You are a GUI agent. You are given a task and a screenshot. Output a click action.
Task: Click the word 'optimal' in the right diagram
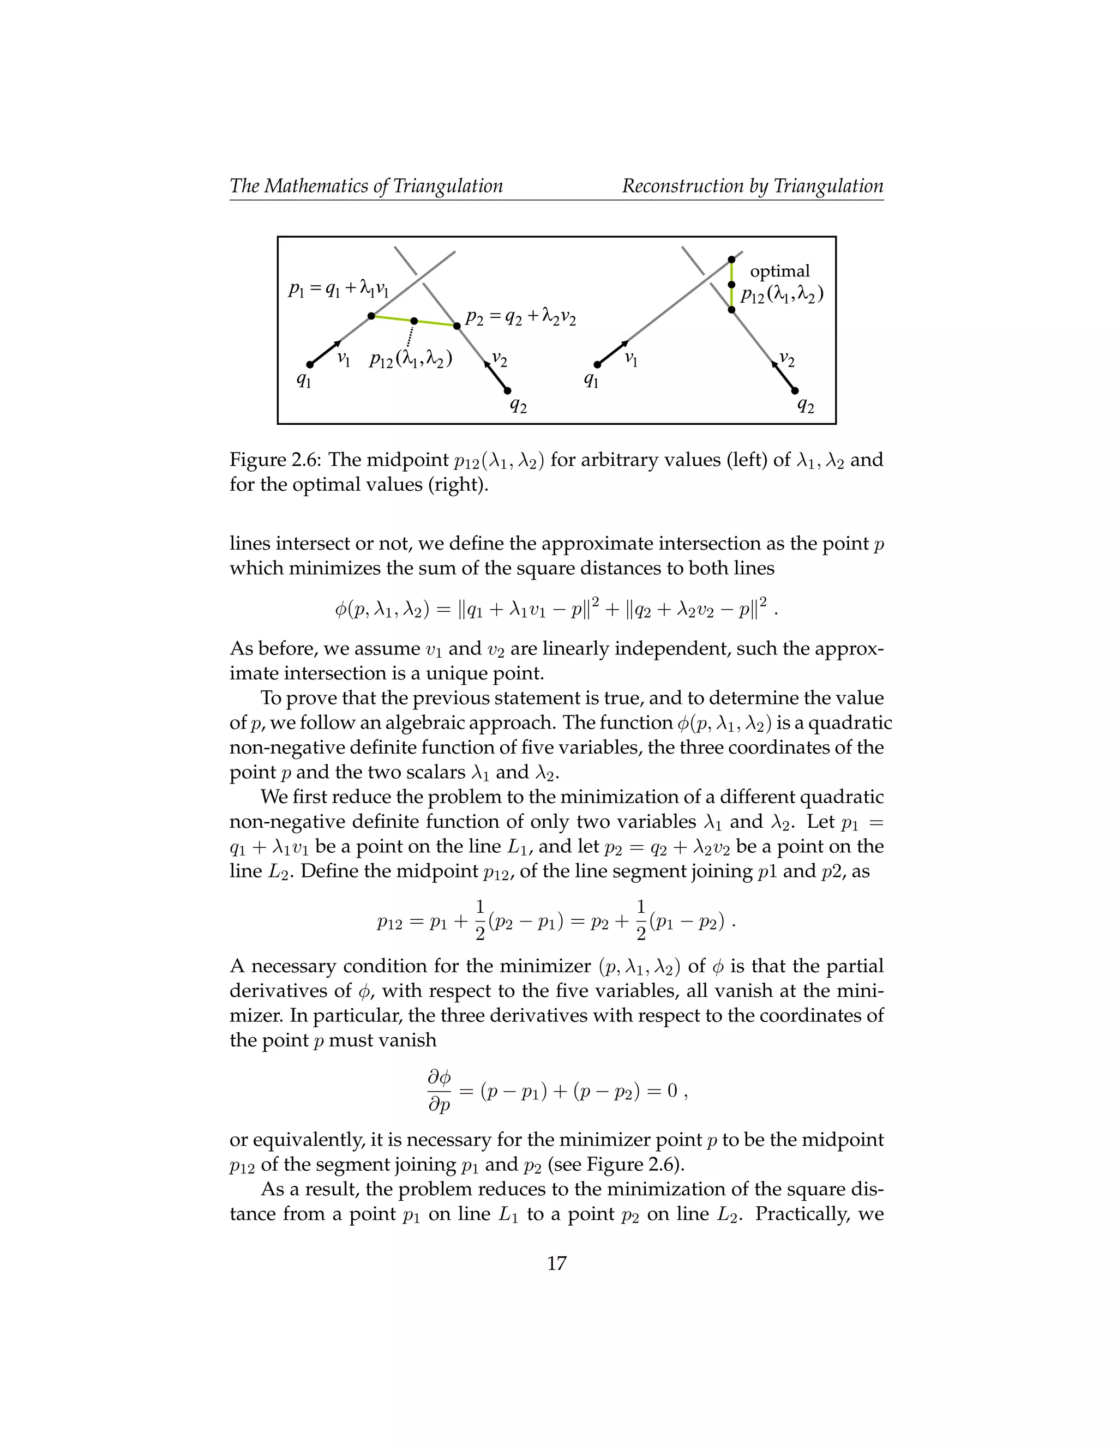point(779,271)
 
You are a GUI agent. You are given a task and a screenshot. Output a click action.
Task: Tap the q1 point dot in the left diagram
point(310,365)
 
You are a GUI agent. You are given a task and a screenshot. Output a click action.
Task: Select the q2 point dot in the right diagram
point(795,391)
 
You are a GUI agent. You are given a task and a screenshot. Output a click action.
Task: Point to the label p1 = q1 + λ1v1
point(338,288)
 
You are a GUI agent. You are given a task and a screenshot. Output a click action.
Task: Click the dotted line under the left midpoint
point(411,335)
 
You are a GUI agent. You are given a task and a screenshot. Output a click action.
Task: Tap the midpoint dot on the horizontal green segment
point(413,321)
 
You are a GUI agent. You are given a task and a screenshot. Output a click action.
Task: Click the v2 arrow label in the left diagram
point(499,360)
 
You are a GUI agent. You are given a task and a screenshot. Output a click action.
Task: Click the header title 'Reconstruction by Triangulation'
point(752,186)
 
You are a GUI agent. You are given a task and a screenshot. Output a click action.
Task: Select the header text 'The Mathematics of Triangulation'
point(366,186)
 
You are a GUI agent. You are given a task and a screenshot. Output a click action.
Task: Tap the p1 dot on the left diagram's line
point(371,316)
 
